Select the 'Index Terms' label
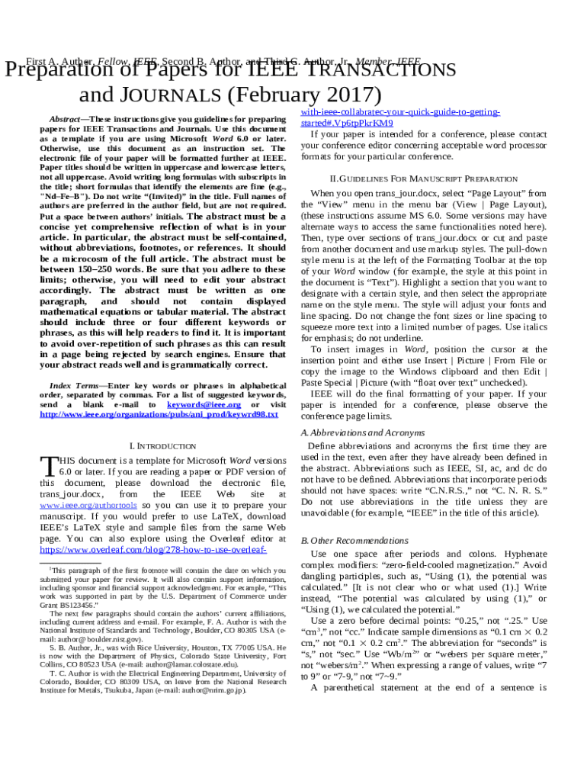pos(73,387)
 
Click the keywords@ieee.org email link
pos(204,405)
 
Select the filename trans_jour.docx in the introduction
pos(71,495)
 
